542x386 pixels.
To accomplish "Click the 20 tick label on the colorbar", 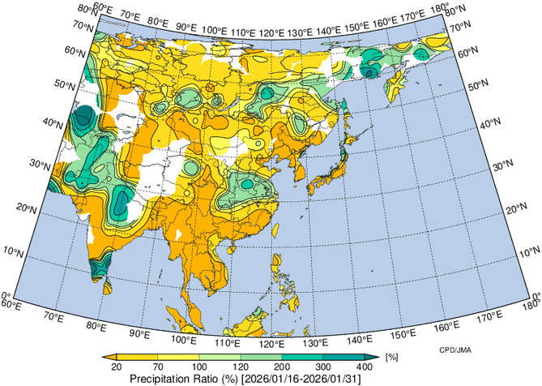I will [x=116, y=367].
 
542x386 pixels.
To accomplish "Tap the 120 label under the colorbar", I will [x=240, y=367].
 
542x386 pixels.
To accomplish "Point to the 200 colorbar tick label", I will [x=281, y=367].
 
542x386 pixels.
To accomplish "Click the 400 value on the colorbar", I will [x=365, y=367].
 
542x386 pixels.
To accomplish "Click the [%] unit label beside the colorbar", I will [x=391, y=357].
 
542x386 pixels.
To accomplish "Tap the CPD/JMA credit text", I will [x=445, y=349].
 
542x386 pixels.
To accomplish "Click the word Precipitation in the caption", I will [x=158, y=379].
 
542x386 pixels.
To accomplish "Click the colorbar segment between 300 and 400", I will [x=344, y=357].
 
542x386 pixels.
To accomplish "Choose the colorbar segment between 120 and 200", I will [x=261, y=357].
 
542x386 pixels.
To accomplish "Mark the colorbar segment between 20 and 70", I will [x=136, y=357].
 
